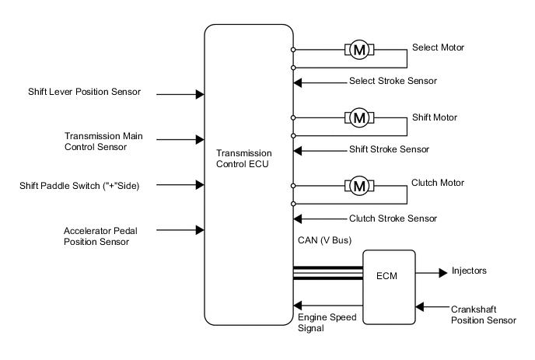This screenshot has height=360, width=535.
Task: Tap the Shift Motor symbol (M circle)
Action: [359, 118]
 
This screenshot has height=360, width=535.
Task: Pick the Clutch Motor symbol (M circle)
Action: [359, 186]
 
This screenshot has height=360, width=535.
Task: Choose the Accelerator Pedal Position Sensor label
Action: [96, 236]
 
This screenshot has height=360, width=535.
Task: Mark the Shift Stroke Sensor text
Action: [389, 149]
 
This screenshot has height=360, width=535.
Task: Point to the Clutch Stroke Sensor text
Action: [392, 218]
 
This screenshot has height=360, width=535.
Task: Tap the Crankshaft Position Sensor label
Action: [483, 314]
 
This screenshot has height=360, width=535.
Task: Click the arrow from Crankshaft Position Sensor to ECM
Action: [432, 307]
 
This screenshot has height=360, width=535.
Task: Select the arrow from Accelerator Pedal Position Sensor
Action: [180, 230]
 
